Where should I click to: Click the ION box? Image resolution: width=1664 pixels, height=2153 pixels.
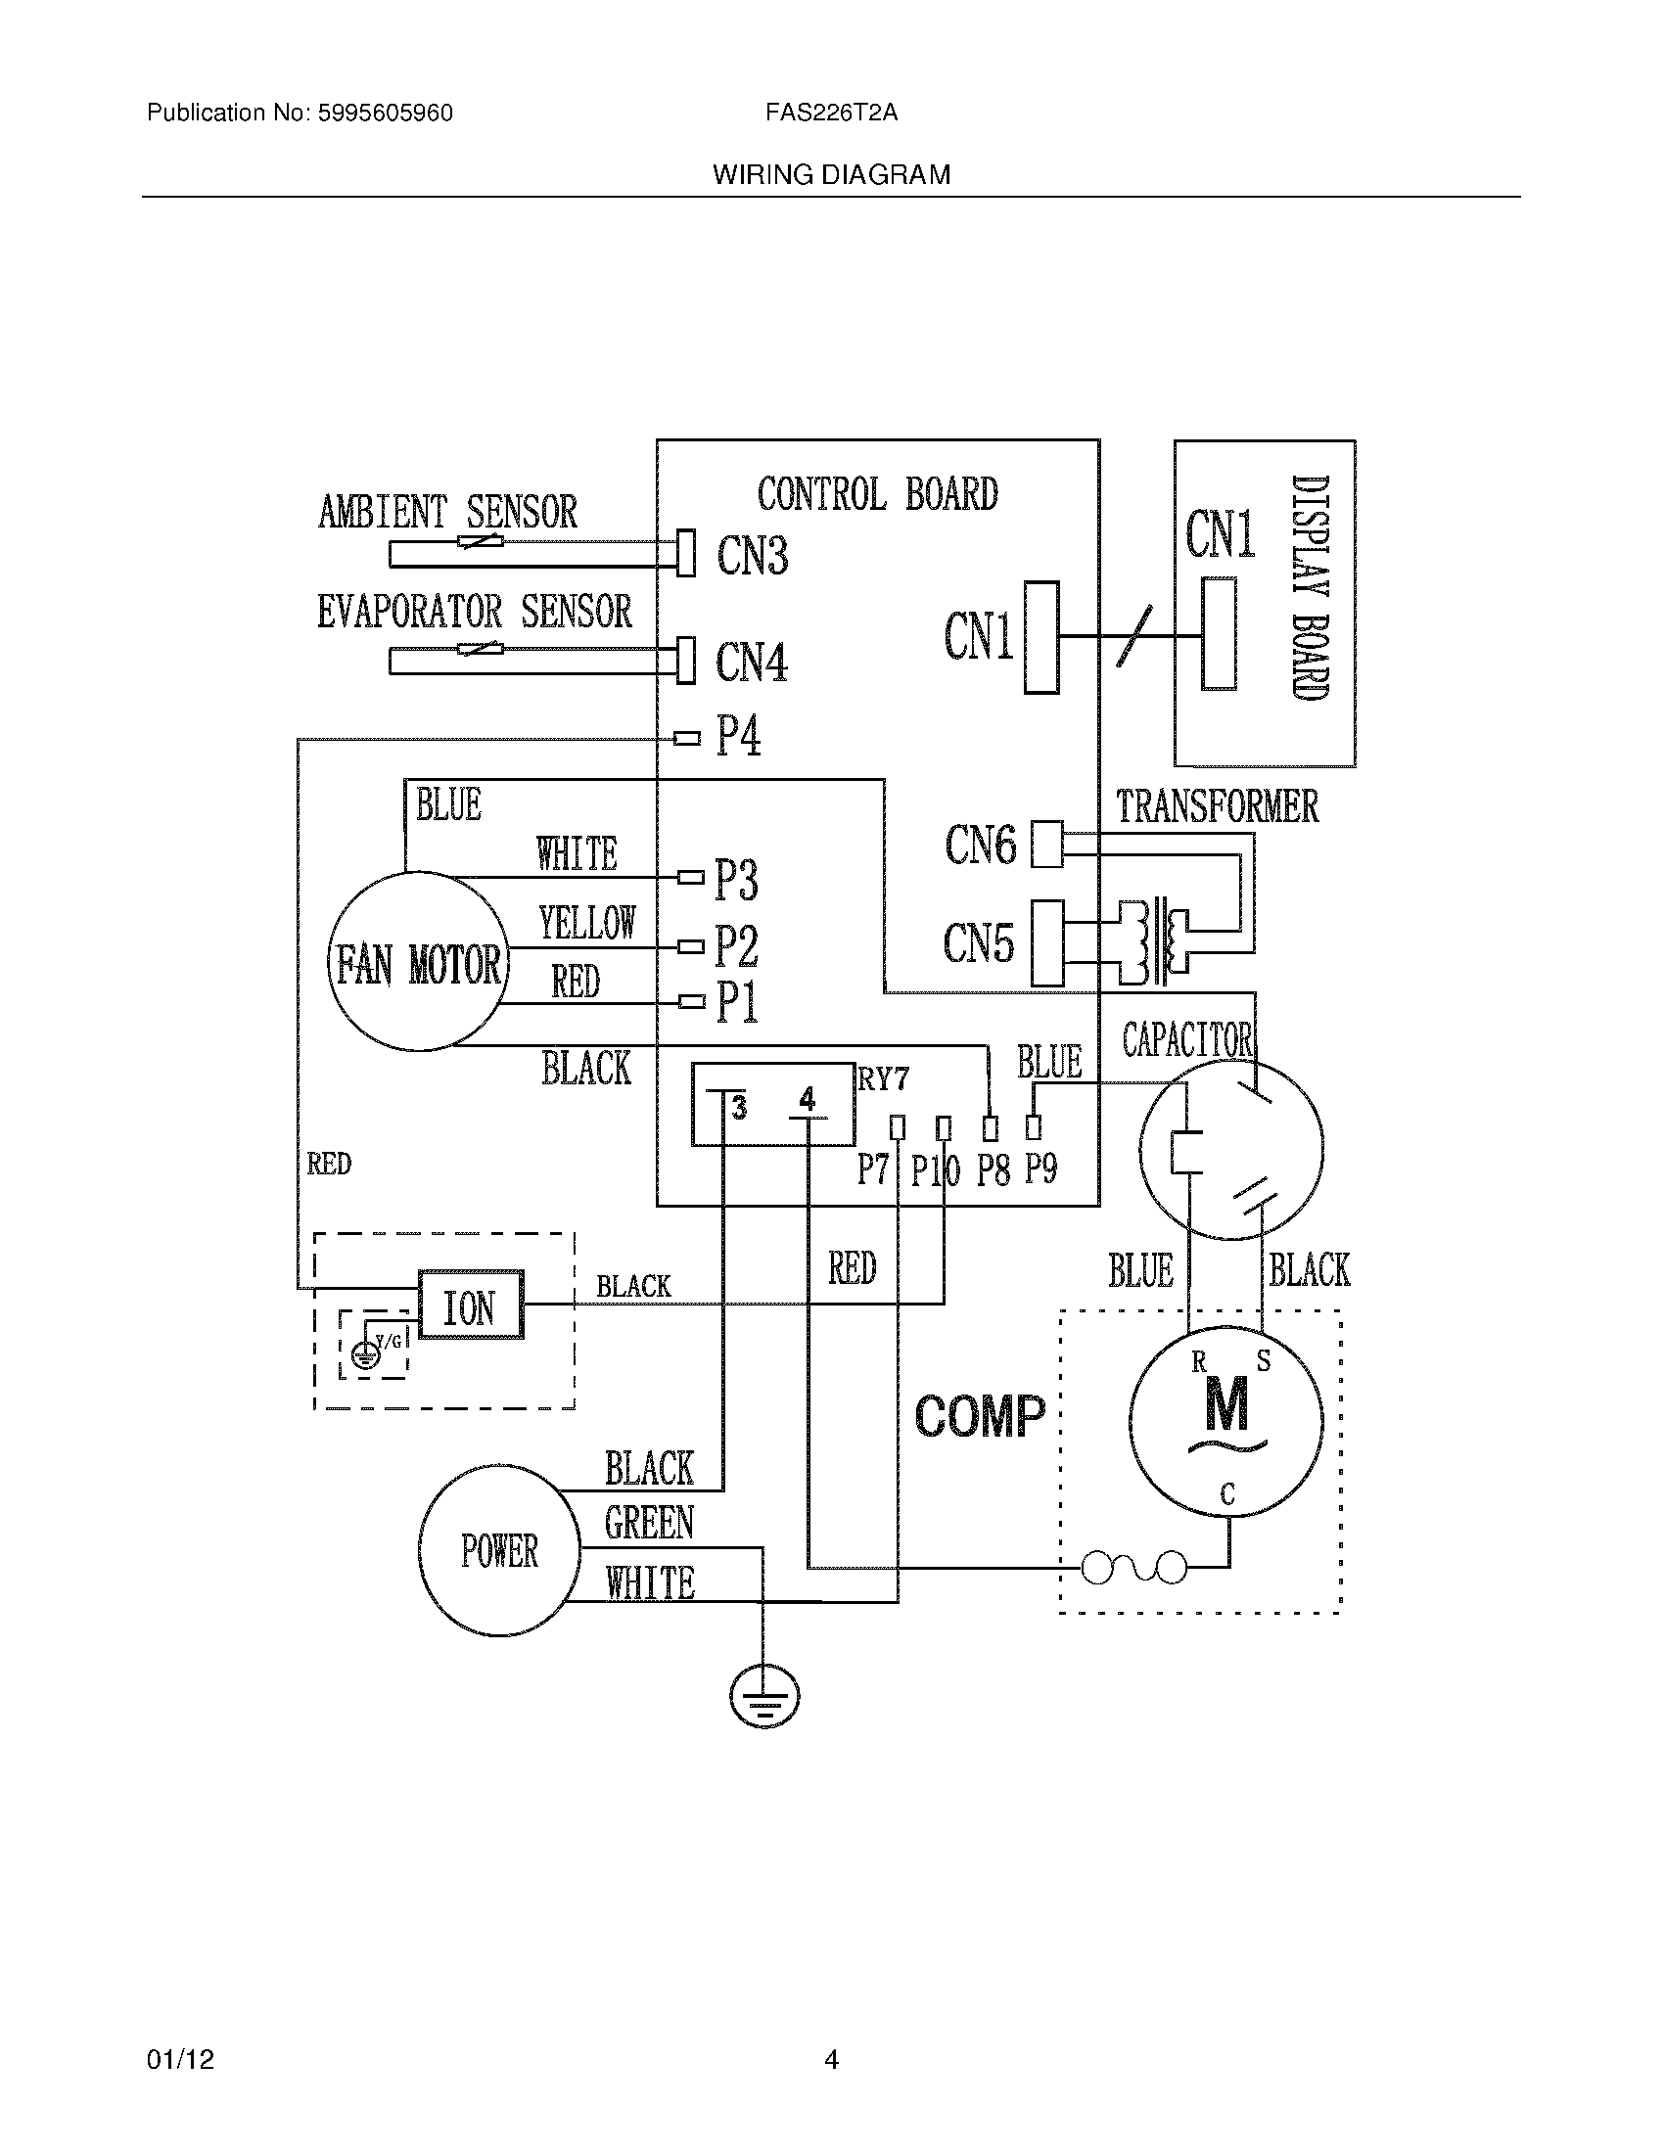coord(471,1306)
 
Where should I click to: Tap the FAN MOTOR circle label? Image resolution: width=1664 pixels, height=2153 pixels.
coord(418,964)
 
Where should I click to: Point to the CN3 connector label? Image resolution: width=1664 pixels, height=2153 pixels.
coord(752,555)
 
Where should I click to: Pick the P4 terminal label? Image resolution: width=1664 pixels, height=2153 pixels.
coord(738,736)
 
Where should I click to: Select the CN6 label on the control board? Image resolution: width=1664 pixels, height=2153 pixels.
coord(980,845)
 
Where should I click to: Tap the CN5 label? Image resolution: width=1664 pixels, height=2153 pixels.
coord(978,943)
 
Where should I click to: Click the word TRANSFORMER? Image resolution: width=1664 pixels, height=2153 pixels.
coord(1217,806)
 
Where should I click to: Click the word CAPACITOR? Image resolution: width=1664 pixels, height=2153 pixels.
coord(1187,1040)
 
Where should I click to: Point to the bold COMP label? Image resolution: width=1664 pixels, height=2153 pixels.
coord(979,1417)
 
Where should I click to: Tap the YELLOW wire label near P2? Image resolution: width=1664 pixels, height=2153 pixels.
coord(587,924)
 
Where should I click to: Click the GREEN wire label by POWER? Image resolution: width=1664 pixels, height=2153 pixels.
coord(649,1524)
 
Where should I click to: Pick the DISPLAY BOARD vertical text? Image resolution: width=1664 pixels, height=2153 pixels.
coord(1310,587)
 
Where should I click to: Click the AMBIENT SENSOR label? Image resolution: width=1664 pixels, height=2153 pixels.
coord(446,512)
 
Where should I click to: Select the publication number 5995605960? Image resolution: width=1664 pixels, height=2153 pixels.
coord(385,114)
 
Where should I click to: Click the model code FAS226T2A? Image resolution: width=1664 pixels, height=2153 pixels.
coord(831,114)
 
